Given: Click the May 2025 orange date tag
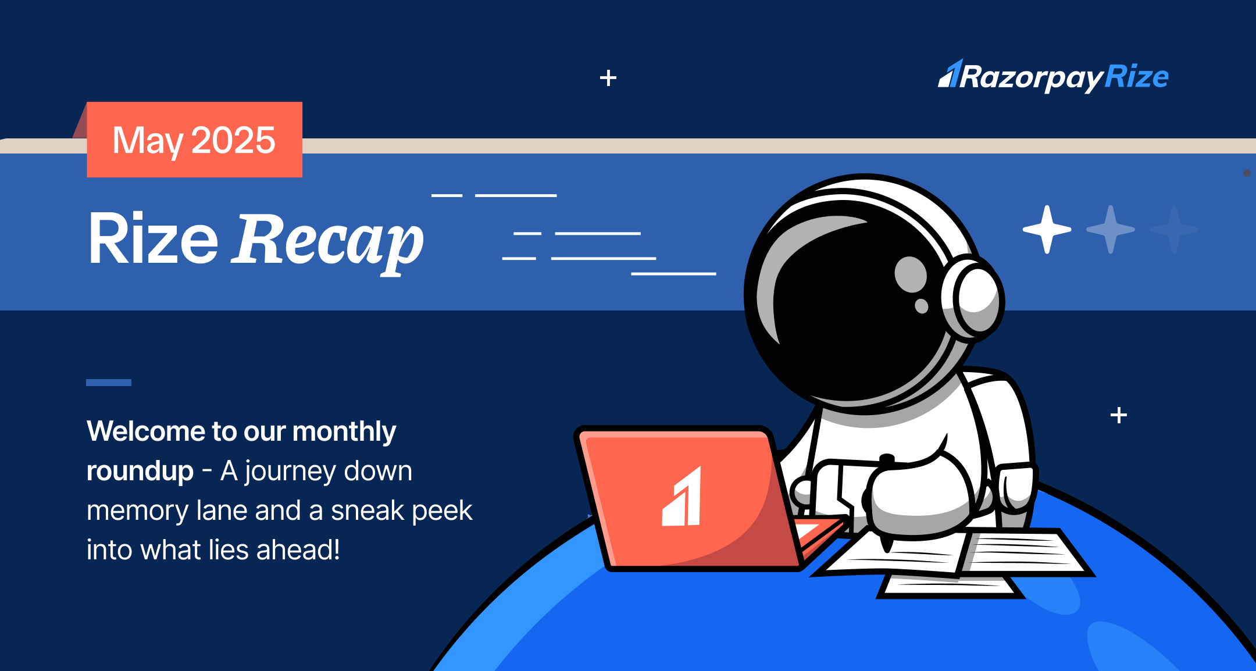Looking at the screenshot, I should pos(194,140).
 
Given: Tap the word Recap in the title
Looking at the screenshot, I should pos(329,240).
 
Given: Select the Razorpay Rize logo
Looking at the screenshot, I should pos(1053,77).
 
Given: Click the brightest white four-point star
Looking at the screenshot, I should pos(1047,230).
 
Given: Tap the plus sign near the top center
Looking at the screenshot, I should pos(608,78).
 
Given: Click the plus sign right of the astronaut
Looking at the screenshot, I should pos(1118,415).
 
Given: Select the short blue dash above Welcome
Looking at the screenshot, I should pos(109,383).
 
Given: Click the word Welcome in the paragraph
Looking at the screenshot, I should pos(146,431).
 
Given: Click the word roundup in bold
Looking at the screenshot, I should pos(140,472).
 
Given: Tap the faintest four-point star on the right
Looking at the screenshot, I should pos(1174,230).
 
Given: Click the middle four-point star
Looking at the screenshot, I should pos(1111,230).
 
